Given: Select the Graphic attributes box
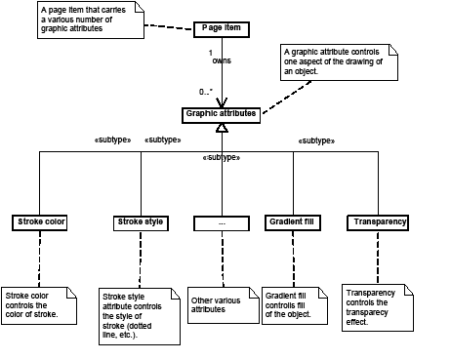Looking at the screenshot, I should [x=222, y=114].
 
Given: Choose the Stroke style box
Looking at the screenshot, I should [x=140, y=222].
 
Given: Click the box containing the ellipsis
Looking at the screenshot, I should [x=223, y=222].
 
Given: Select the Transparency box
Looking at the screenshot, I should [x=376, y=222].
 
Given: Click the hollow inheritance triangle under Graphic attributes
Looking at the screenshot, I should [x=223, y=129].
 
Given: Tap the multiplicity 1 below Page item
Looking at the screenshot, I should [x=211, y=52].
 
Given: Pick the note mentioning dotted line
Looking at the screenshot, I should [x=141, y=315].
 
